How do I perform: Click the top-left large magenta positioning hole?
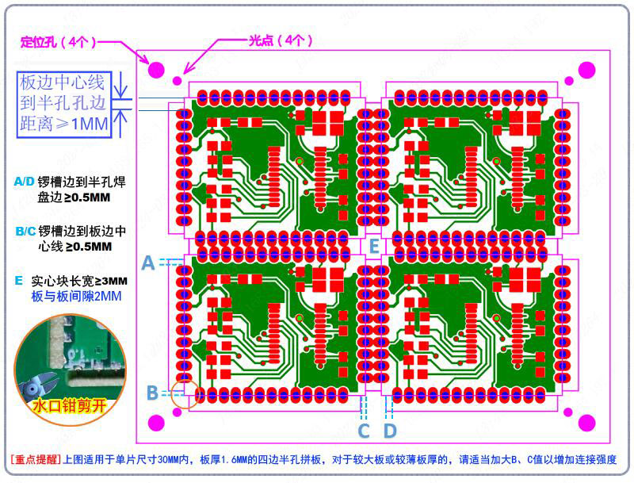point(156,70)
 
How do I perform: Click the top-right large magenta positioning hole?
point(586,71)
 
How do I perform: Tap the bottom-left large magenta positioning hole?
point(156,424)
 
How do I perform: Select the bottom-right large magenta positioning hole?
point(586,424)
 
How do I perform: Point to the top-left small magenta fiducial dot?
point(177,81)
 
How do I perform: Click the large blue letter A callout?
point(148,263)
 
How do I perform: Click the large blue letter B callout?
point(152,393)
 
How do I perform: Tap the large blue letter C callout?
point(364,431)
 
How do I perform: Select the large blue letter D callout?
point(390,431)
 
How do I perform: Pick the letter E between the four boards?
point(374,246)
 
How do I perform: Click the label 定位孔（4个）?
point(59,42)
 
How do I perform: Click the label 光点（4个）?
point(281,40)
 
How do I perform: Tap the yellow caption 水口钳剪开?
point(69,405)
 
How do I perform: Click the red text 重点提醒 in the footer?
point(36,459)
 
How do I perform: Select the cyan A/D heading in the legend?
point(25,182)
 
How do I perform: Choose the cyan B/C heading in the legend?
point(25,231)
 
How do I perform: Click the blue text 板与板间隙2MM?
point(76,296)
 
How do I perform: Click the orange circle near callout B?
point(185,393)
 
